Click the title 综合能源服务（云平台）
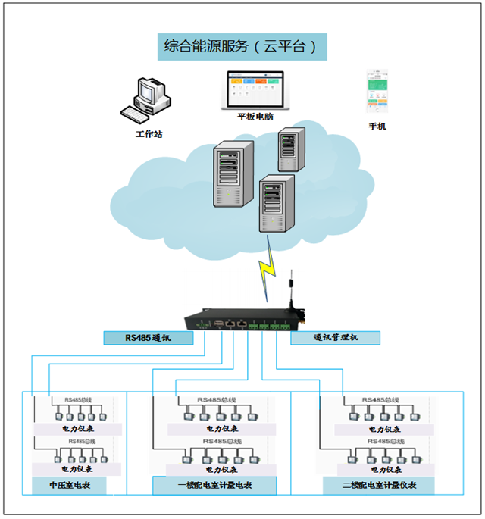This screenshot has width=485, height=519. [242, 47]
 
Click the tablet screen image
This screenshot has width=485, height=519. [255, 90]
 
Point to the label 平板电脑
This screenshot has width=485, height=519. [255, 117]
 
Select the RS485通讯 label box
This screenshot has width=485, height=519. [148, 338]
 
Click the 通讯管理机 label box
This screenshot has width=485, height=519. [335, 338]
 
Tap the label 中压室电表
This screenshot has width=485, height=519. [69, 485]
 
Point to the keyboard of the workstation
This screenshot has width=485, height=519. [136, 114]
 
